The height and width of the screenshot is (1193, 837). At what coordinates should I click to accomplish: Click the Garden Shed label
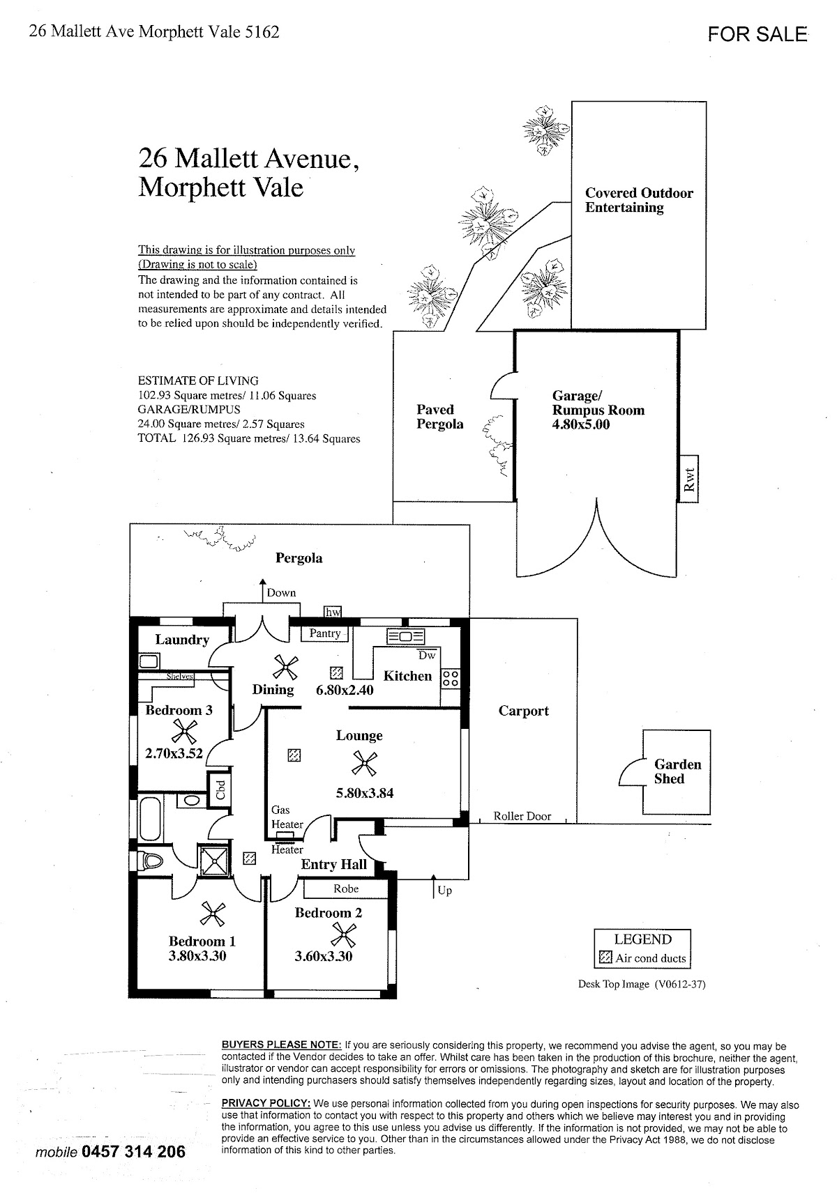[677, 771]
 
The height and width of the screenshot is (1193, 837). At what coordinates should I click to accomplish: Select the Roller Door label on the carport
[522, 816]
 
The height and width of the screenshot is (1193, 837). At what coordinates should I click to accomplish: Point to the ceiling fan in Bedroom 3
[184, 731]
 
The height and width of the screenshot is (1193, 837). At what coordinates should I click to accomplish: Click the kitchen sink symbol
[405, 636]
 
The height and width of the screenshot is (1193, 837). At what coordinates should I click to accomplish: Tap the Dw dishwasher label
[427, 655]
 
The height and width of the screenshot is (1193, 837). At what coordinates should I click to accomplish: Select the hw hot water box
[333, 612]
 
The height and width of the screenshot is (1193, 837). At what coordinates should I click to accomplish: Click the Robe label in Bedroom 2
[346, 888]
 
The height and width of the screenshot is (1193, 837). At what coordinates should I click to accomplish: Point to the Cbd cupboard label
[220, 789]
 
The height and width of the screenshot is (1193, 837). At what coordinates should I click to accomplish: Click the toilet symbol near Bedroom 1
[150, 861]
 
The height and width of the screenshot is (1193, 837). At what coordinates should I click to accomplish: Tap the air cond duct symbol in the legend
[605, 958]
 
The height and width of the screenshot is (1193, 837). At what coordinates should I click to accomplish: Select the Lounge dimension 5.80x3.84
[364, 792]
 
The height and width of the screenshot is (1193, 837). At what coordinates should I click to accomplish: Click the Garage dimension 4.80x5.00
[580, 424]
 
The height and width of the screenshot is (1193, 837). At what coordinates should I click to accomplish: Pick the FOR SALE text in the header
[757, 34]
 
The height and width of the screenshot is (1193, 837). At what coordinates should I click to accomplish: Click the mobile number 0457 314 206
[134, 1150]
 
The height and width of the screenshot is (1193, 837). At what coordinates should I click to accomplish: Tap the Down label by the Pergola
[281, 592]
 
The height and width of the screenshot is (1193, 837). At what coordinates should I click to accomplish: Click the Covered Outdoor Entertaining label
[638, 200]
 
